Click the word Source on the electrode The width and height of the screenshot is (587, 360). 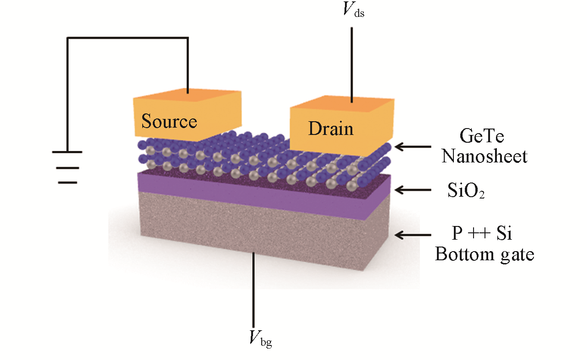pos(169,122)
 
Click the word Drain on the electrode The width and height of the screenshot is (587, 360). pos(331,129)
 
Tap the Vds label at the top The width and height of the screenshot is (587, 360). pos(353,11)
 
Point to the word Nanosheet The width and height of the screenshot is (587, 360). pos(485,156)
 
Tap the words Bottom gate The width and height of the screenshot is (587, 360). pos(485,254)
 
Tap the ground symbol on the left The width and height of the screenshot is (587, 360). pos(67,167)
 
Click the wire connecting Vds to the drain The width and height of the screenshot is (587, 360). pos(351,64)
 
